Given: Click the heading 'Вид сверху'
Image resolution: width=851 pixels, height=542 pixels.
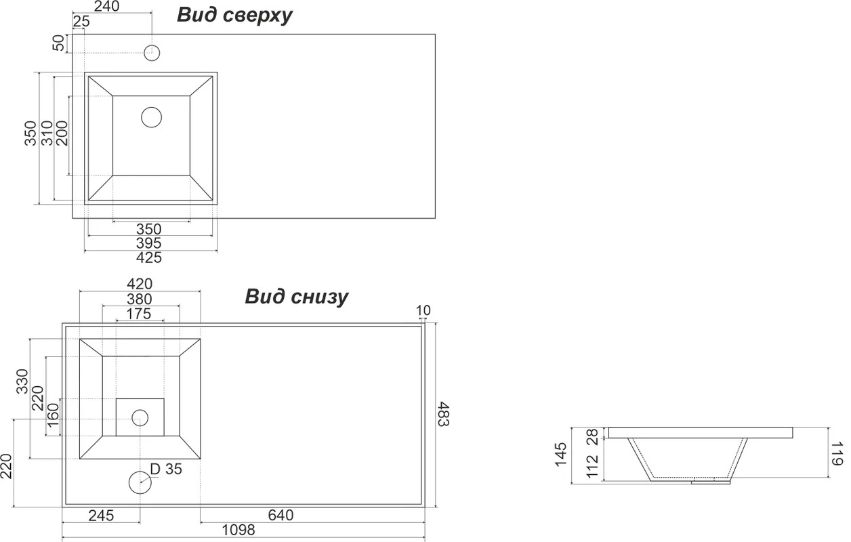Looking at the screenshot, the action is coord(234,16).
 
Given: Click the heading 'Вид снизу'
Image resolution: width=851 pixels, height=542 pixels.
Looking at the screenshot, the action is coord(296,297).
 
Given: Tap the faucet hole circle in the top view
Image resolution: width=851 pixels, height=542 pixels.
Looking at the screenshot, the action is coord(152,53).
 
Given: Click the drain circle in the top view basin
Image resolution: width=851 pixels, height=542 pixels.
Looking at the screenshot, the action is coord(151,117).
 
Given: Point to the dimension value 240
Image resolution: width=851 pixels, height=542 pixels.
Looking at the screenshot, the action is coord(107,6).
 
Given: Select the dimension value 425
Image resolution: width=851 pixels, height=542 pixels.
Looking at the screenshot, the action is coord(149,257).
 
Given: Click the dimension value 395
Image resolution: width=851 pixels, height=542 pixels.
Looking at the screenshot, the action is coord(149,243).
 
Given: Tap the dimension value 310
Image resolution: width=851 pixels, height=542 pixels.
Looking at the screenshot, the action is coord(47,133).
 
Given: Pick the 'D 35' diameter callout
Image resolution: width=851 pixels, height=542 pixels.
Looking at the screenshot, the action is coord(166,469).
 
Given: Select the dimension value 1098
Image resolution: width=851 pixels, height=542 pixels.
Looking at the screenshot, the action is coord(238,530).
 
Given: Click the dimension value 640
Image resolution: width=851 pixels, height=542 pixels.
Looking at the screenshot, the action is coord(281,515).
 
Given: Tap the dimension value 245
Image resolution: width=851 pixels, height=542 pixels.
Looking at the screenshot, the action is coord(101,516).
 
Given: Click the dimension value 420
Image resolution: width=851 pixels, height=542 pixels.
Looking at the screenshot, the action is coord(140,284).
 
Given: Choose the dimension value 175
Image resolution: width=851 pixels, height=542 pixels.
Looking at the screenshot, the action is coord(139,314).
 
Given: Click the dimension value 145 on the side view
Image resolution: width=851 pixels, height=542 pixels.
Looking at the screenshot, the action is coord(561,454).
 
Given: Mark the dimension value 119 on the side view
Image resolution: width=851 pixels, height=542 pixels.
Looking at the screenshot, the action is coord(837,453).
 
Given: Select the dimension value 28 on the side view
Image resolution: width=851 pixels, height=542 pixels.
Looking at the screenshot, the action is coord(593,436).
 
